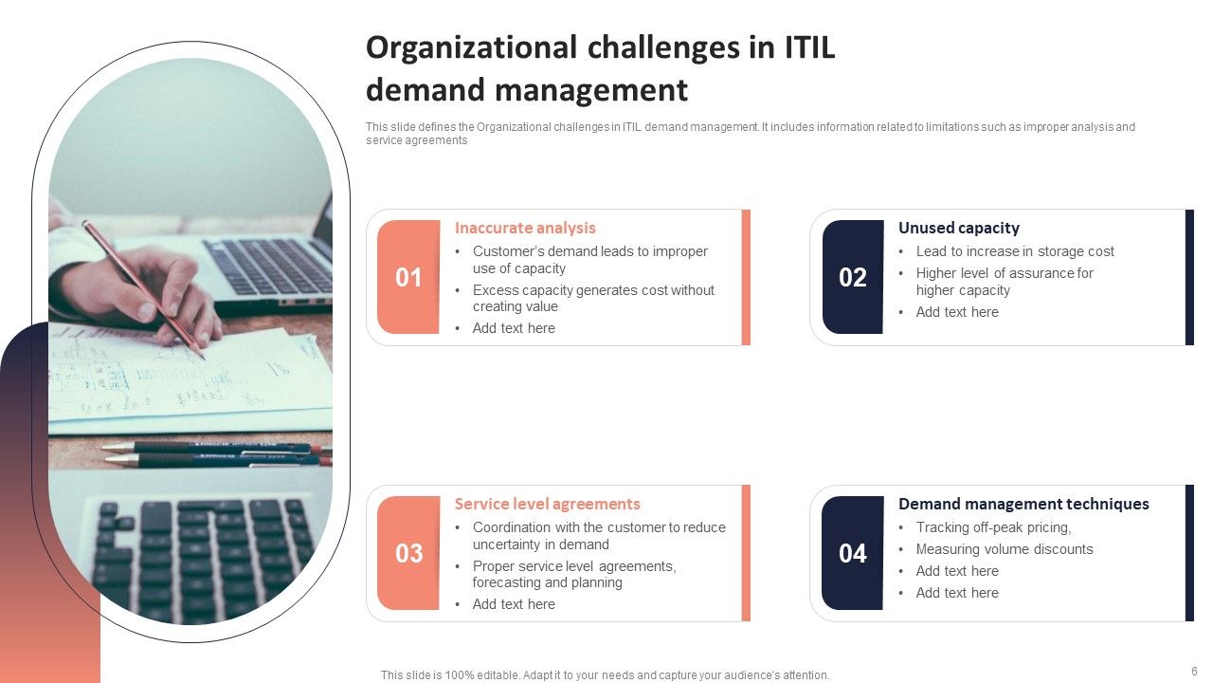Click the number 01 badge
pyautogui.click(x=408, y=277)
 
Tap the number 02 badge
pyautogui.click(x=852, y=277)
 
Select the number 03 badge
pyautogui.click(x=408, y=553)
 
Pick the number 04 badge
pyautogui.click(x=852, y=553)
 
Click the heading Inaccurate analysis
pyautogui.click(x=525, y=228)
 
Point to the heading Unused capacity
pyautogui.click(x=958, y=228)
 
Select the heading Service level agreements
pyautogui.click(x=547, y=504)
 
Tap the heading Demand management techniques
pyautogui.click(x=1023, y=504)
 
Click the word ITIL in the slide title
pyautogui.click(x=808, y=47)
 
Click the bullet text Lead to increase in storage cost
pyautogui.click(x=1014, y=251)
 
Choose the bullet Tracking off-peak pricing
pyautogui.click(x=993, y=527)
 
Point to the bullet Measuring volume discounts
pyautogui.click(x=1004, y=549)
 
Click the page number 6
pyautogui.click(x=1194, y=670)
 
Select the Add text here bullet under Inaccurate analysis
pyautogui.click(x=514, y=328)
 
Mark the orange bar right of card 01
pyautogui.click(x=746, y=277)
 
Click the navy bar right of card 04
pyautogui.click(x=1189, y=553)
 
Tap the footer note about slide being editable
pyautogui.click(x=605, y=675)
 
